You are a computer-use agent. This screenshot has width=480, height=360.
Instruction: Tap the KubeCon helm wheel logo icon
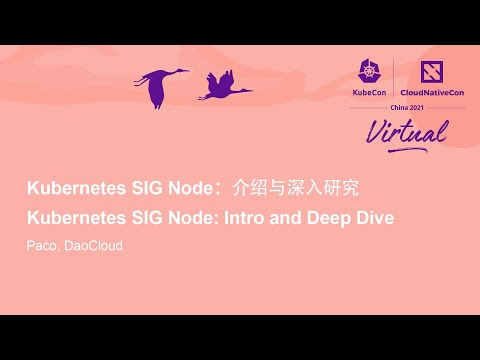coord(369,71)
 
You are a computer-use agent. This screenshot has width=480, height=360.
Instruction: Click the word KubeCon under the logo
coord(369,93)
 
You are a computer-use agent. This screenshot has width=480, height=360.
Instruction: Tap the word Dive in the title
coord(378,217)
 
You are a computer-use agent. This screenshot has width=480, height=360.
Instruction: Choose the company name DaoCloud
coord(94,245)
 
